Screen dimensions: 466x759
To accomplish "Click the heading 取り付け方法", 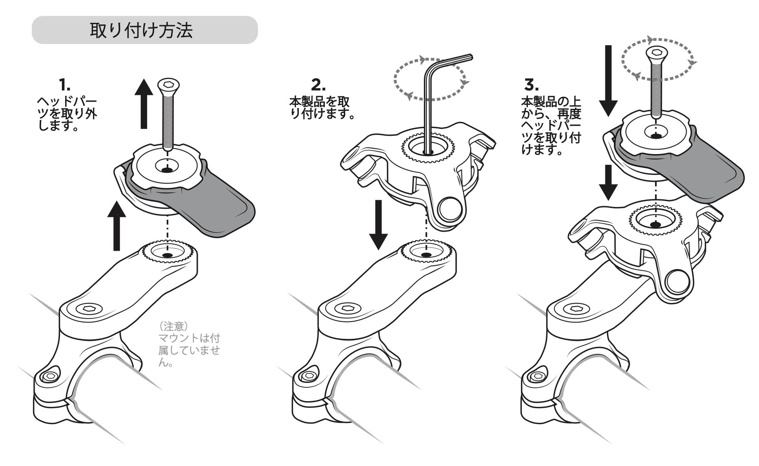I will coord(141,31).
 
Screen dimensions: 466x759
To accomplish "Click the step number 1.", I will coord(64,85).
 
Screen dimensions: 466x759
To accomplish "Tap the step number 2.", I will coord(318,85).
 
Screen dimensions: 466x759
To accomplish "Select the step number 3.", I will coord(531,85).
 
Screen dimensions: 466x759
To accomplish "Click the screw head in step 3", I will coord(656,53).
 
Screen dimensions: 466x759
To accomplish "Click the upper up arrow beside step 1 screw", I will coord(143,104).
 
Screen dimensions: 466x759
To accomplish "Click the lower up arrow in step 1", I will coord(117,226).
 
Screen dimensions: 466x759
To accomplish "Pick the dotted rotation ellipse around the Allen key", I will coord(429,79).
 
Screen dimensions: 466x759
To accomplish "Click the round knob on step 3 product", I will coord(679,282).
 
